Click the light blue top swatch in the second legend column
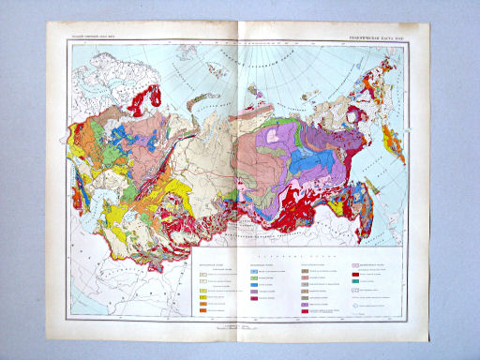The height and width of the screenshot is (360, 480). click(254, 269)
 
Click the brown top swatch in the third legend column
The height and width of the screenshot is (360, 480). click(305, 269)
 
